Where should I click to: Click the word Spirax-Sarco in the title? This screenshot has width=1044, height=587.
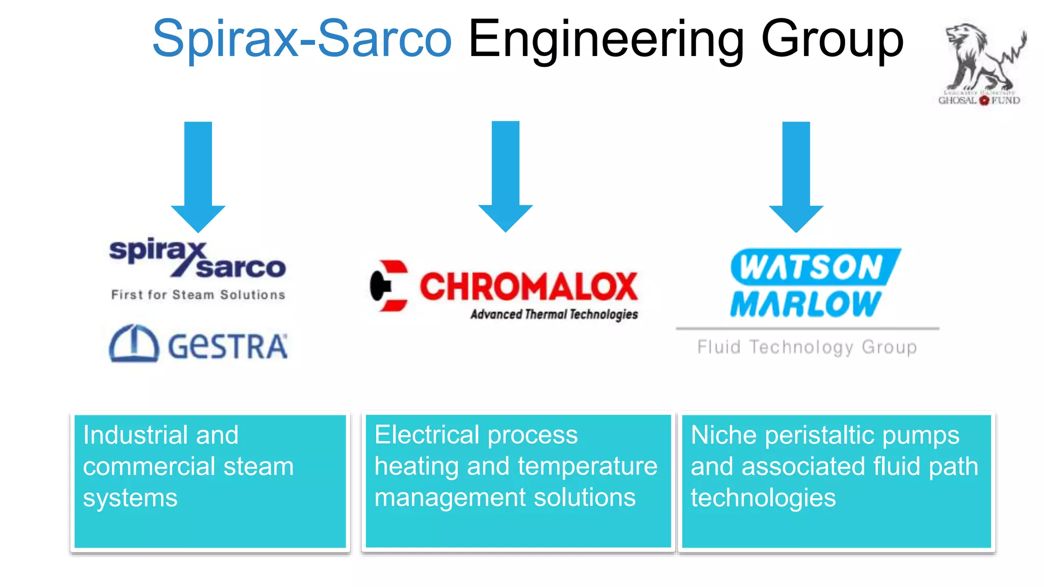click(302, 39)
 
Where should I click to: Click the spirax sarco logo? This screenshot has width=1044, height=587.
click(197, 259)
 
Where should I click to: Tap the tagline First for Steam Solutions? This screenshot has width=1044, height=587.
click(198, 295)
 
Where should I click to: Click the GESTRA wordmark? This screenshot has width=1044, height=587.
click(227, 347)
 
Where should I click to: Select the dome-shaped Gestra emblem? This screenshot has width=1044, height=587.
click(134, 343)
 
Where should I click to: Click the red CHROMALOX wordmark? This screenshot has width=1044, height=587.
click(528, 286)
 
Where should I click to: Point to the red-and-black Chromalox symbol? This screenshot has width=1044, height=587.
click(389, 286)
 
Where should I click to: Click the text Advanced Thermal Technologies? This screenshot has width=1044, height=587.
click(554, 314)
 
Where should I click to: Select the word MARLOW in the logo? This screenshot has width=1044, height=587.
click(805, 305)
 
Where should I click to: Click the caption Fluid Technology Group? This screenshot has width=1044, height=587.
click(807, 348)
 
